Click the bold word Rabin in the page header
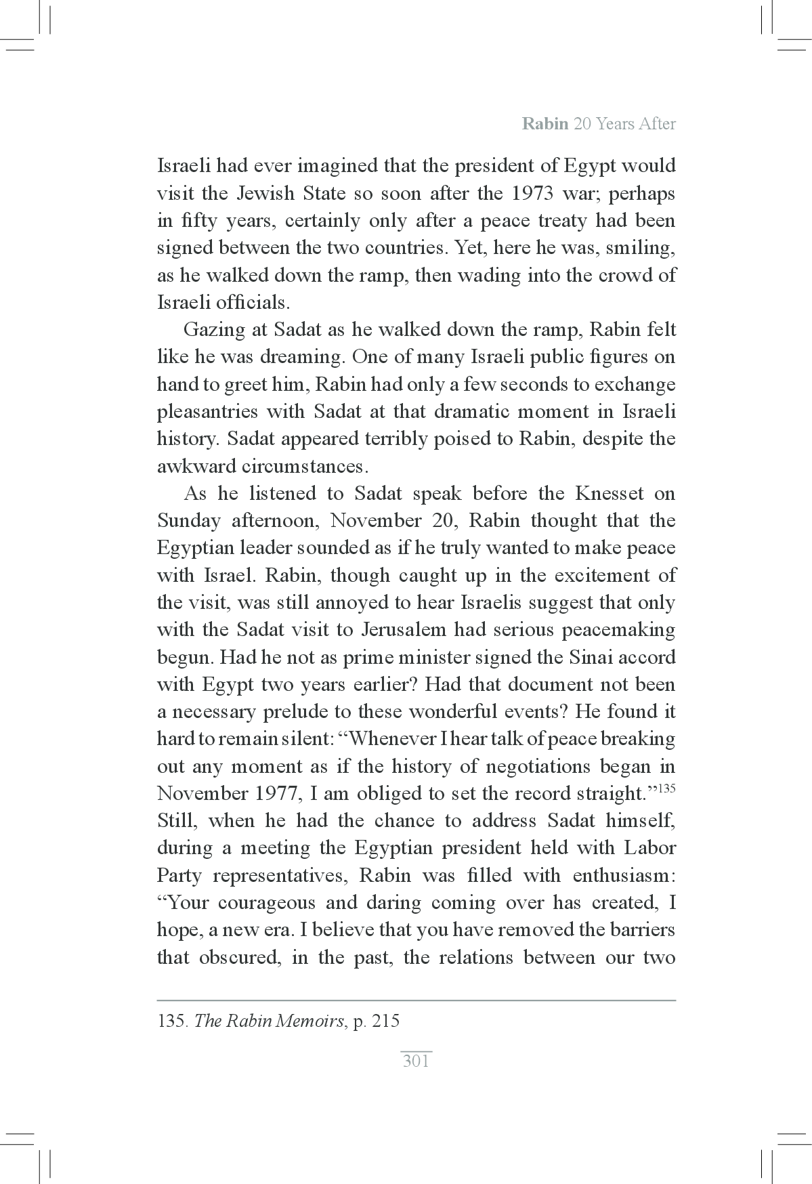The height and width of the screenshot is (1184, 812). (x=545, y=125)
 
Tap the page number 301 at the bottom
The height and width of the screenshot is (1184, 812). (x=416, y=1061)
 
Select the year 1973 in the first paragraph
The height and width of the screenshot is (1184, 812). (x=533, y=194)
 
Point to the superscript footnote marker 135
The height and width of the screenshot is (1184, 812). (x=666, y=788)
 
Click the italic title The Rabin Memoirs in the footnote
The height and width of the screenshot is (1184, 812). (x=269, y=1021)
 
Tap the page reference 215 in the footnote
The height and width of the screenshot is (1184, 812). (x=386, y=1021)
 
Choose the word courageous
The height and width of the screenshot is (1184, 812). (x=267, y=903)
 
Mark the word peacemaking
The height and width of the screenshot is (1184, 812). (x=619, y=630)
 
